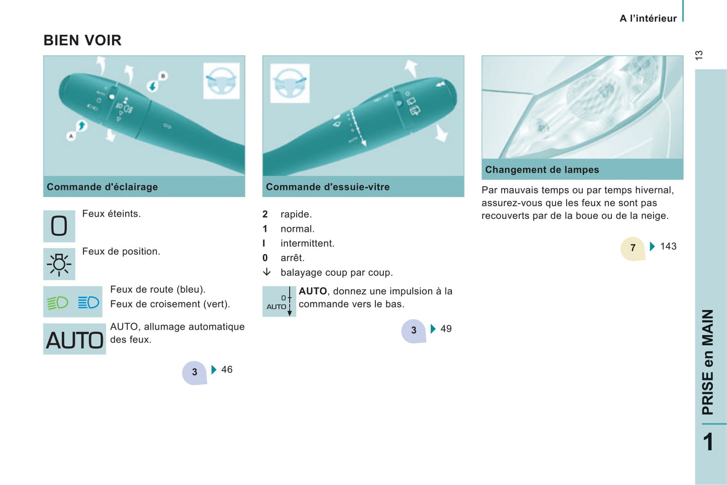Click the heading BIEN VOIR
tap(83, 40)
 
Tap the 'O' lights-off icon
tap(59, 226)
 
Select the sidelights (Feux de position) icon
tap(59, 264)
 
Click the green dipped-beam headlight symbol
tap(58, 302)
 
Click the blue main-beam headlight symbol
tap(88, 302)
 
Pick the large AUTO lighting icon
tap(74, 339)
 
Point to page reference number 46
tap(227, 369)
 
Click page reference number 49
tap(446, 329)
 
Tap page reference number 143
tap(668, 247)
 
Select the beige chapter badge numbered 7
tap(633, 249)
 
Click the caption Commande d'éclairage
tap(102, 187)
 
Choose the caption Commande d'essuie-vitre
tap(328, 187)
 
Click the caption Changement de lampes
tap(542, 170)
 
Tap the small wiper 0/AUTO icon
tap(279, 301)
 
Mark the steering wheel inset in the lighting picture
tap(221, 81)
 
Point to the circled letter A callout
tap(71, 136)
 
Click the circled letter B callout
tap(163, 76)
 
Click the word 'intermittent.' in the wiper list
tap(307, 244)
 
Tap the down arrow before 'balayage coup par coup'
tap(267, 272)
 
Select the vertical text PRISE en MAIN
tap(708, 362)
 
